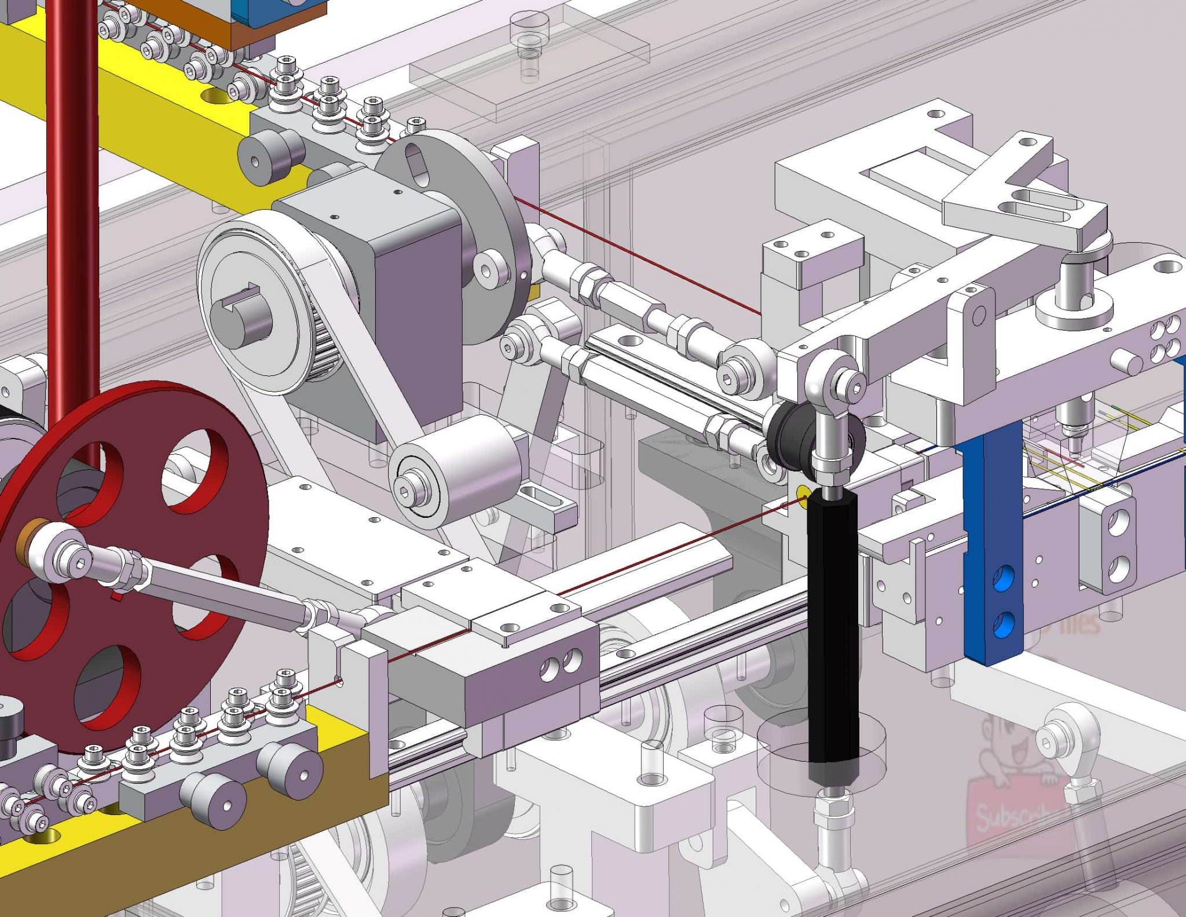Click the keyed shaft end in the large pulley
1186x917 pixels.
240,316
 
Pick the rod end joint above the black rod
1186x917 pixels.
834,385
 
